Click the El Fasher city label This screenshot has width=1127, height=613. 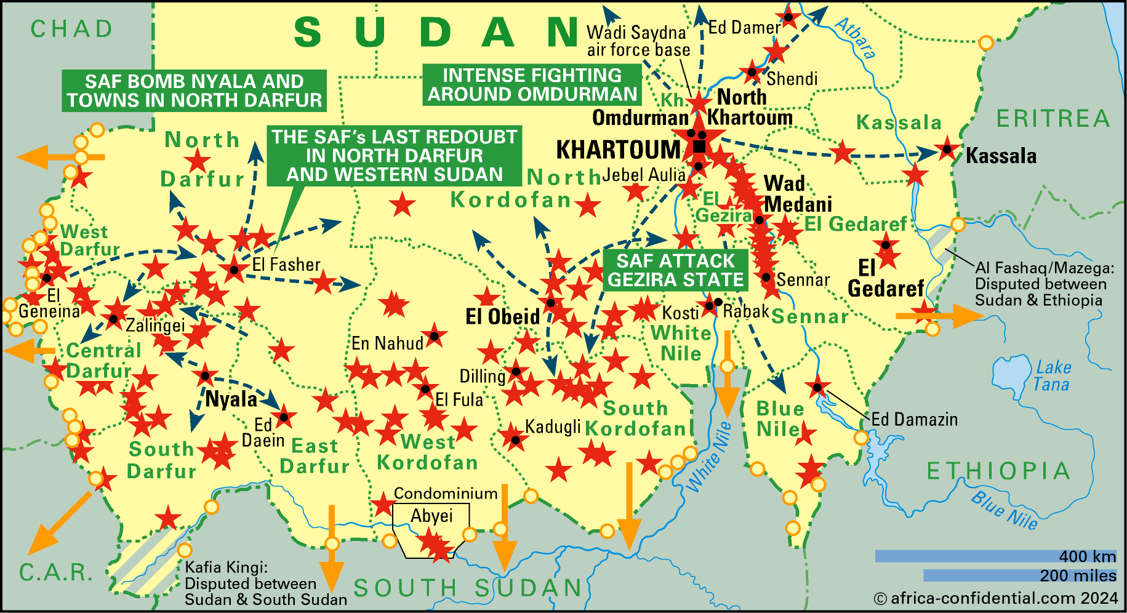pyautogui.click(x=286, y=265)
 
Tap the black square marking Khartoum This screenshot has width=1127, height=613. pyautogui.click(x=699, y=146)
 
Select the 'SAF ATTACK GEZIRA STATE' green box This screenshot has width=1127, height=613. pyautogui.click(x=675, y=270)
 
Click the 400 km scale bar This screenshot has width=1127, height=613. pyautogui.click(x=995, y=556)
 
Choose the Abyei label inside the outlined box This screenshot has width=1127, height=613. pyautogui.click(x=431, y=516)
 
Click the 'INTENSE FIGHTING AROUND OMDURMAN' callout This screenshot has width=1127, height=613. pyautogui.click(x=532, y=84)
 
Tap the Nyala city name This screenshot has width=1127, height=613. pyautogui.click(x=231, y=399)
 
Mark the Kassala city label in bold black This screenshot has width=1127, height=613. pyautogui.click(x=1001, y=156)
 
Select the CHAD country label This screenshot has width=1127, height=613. pyautogui.click(x=72, y=29)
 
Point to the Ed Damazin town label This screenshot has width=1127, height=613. pyautogui.click(x=915, y=420)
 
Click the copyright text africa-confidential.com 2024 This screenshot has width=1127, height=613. pyautogui.click(x=995, y=598)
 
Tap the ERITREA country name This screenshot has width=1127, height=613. pyautogui.click(x=1053, y=118)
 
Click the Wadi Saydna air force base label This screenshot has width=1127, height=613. pyautogui.click(x=638, y=41)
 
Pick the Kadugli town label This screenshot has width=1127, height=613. pyautogui.click(x=553, y=426)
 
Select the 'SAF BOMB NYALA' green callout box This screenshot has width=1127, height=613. pyautogui.click(x=194, y=90)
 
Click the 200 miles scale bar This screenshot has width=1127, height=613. pyautogui.click(x=1019, y=575)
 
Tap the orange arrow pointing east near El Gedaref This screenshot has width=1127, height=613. pyautogui.click(x=938, y=316)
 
